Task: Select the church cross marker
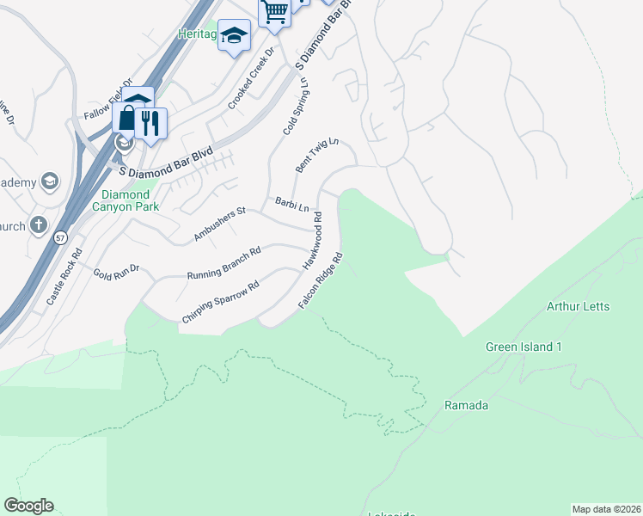click(38, 225)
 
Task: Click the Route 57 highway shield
click(58, 238)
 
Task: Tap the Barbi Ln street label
click(291, 204)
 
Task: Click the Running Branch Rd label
click(224, 263)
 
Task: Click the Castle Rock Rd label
click(64, 277)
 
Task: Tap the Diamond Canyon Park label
click(126, 200)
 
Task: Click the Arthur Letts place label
click(578, 306)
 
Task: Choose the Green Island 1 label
click(524, 347)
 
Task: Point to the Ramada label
click(467, 404)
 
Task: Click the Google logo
click(29, 505)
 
